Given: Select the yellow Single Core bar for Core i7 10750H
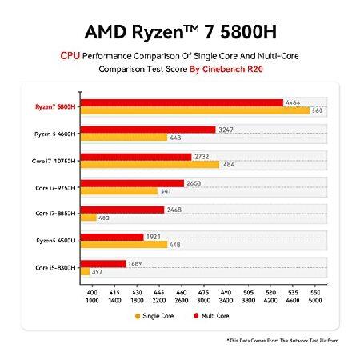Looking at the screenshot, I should pos(150,165).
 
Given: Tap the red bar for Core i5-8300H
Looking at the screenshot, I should pos(103,263).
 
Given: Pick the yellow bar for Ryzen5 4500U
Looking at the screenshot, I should pos(124,245).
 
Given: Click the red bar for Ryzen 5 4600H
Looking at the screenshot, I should pos(148,129).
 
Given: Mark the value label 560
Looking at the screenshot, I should pos(318,110).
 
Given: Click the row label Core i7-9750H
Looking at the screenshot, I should pos(56,187).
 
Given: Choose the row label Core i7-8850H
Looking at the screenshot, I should pos(56,214).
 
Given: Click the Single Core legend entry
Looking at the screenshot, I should pos(157,315).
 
